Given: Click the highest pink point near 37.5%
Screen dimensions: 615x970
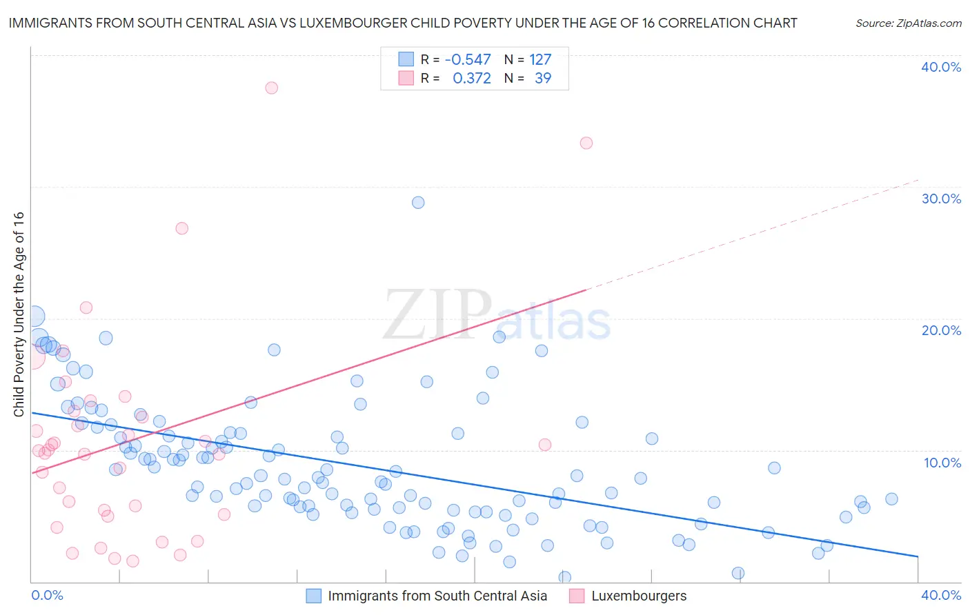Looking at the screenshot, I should pos(272,88).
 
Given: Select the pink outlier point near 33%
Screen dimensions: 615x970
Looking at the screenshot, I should pos(586,143).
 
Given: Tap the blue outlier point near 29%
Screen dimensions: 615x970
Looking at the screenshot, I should pos(418,203).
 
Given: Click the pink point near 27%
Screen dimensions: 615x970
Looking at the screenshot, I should pos(182,228).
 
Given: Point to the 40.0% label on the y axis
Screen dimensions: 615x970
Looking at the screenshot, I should pos(941,67).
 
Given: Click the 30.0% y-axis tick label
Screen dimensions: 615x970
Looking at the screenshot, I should pos(941,199).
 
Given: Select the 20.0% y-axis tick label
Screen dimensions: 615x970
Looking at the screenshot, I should pos(941,330).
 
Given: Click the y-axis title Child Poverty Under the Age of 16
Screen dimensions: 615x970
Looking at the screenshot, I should pos(19,314).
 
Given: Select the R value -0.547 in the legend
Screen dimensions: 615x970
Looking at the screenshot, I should pos(468,60).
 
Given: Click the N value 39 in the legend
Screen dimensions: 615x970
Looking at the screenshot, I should pos(543,79).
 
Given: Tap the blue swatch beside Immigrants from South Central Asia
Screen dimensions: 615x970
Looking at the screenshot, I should pos(314,596).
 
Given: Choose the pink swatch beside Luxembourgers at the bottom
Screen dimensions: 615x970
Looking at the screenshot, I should pos(577,596).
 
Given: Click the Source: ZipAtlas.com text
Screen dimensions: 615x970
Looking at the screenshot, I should pos(908,23).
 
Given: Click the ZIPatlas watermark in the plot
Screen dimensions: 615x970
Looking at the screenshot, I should pos(497,316).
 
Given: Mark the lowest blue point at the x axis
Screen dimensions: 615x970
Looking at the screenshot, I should pos(565,577).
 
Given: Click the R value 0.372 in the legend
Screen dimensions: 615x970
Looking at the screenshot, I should pos(472,79).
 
